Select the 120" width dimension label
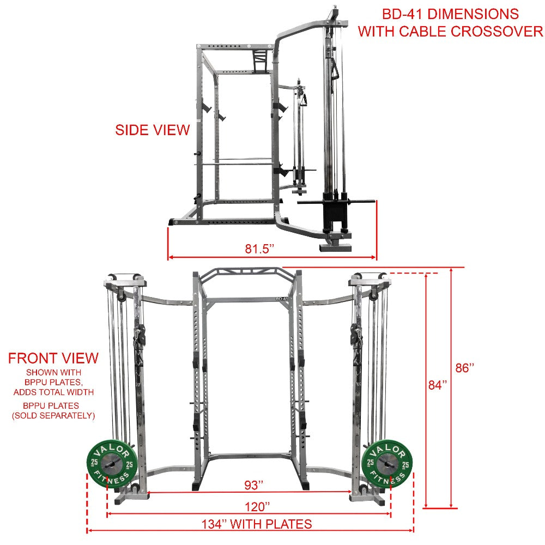(256, 506)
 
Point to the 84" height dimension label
(437, 385)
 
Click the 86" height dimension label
(465, 368)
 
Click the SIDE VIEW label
(152, 130)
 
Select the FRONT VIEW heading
(53, 359)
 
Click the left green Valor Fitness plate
(108, 462)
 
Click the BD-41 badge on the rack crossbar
(281, 299)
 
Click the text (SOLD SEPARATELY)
(53, 416)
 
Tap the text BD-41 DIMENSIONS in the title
(450, 14)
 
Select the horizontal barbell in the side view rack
(240, 160)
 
